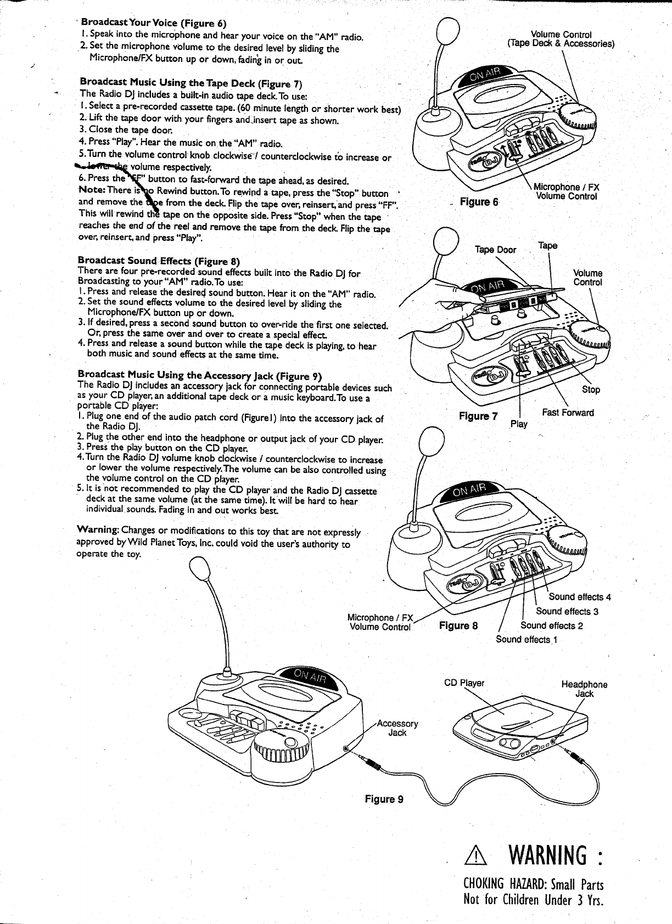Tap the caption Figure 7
(478, 416)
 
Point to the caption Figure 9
(384, 799)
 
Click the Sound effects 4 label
(580, 597)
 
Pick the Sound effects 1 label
(526, 640)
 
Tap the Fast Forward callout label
(568, 413)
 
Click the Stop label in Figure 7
(591, 390)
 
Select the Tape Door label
(495, 250)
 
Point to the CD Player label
(464, 684)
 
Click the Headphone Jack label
(584, 689)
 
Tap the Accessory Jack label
(397, 728)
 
